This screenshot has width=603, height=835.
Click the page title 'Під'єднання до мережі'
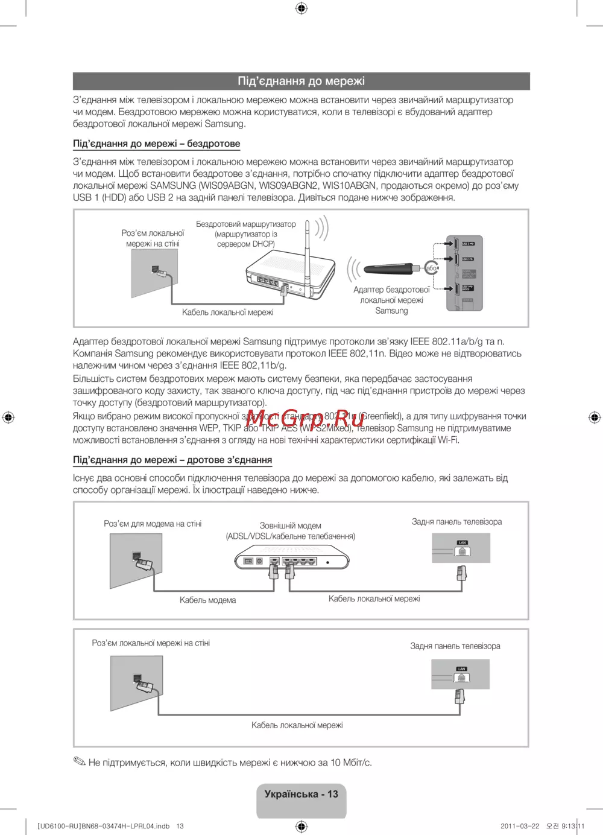301,81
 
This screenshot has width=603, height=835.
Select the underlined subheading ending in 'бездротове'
156,144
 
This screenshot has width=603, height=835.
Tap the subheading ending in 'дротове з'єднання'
172,460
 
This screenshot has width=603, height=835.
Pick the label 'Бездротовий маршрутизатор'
245,224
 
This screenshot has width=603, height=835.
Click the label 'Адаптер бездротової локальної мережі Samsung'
391,300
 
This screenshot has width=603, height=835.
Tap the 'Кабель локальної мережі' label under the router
227,312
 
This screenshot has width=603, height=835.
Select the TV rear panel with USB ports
464,273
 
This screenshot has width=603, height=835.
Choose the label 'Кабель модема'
207,600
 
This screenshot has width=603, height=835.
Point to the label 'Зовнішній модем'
290,525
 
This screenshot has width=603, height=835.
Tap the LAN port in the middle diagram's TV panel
462,549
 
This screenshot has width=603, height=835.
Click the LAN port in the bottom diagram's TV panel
461,675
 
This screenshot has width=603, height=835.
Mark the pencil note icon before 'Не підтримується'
80,762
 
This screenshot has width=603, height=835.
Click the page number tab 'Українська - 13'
301,795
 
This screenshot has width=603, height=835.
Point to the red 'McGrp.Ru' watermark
305,419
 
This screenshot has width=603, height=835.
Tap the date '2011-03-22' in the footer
520,826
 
